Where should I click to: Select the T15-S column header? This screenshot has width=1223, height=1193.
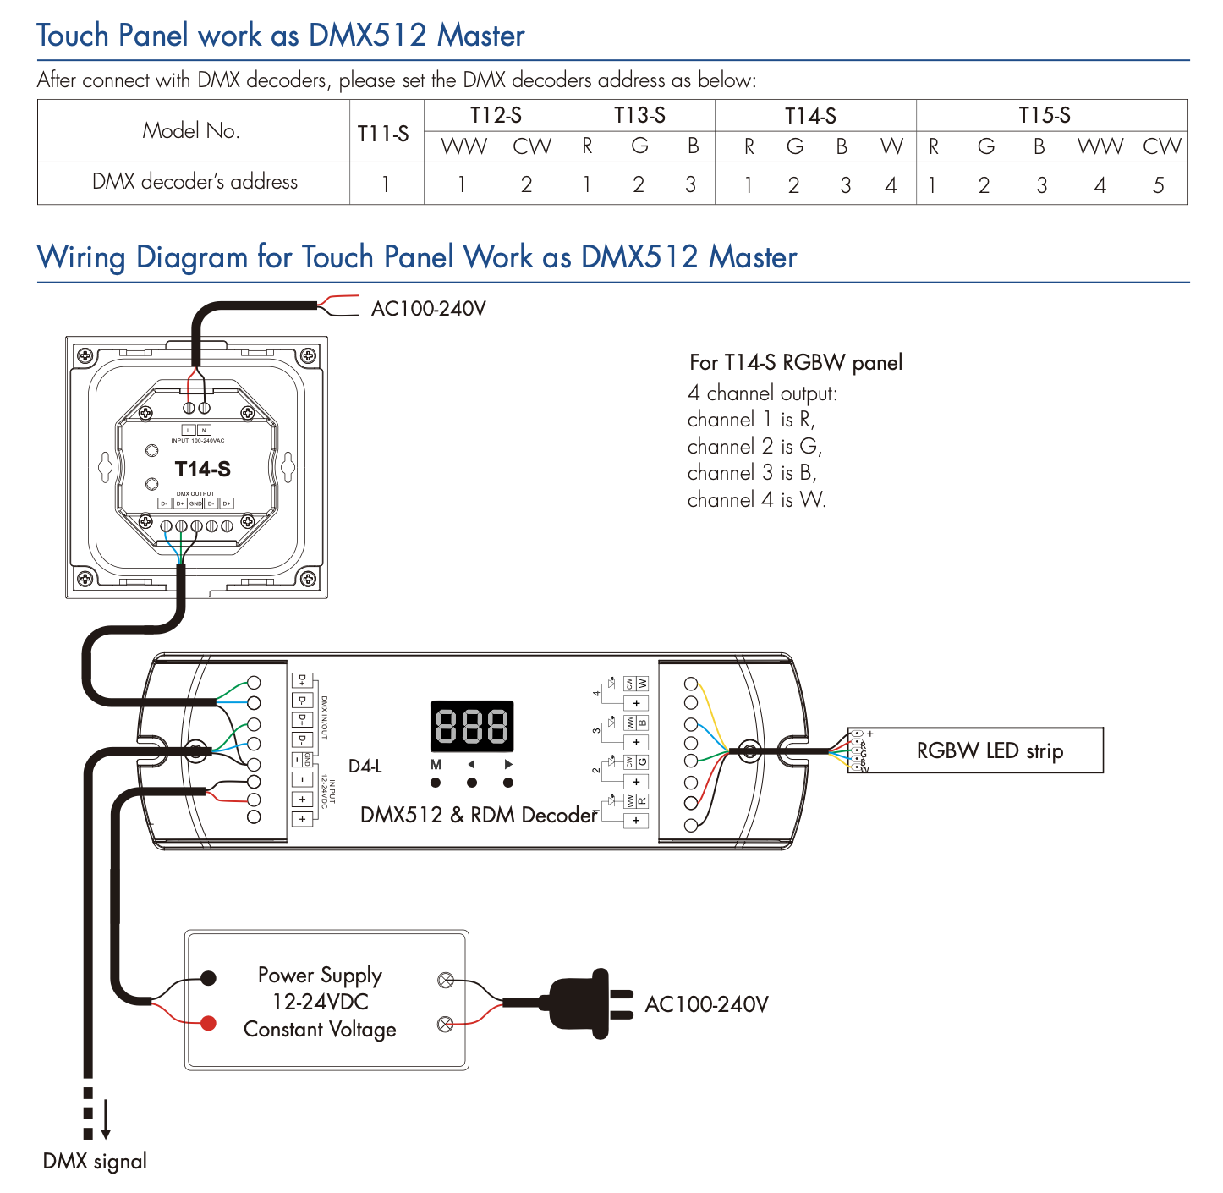coord(1044,115)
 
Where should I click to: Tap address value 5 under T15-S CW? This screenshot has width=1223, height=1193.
coord(1159,184)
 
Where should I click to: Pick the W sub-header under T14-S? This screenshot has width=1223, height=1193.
coord(891,146)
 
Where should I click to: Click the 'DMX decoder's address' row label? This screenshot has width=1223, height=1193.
coord(195,182)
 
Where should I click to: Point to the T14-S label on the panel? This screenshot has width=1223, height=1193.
coord(203,469)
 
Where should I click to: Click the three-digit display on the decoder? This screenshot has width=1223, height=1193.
coord(472,726)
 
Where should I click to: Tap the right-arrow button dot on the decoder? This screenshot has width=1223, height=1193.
coord(508,783)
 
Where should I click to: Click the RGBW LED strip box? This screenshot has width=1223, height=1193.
coord(989,750)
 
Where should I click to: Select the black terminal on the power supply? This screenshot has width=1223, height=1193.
coord(208,978)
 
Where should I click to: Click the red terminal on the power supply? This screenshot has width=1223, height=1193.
coord(208,1023)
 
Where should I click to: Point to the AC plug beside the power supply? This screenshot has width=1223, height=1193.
coord(584,1003)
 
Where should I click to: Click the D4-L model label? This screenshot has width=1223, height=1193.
coord(365,766)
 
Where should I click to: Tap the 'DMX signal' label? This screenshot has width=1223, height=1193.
coord(95,1161)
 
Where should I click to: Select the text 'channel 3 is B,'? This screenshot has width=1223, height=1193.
coord(752,473)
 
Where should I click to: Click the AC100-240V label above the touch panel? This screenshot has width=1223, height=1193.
coord(429,308)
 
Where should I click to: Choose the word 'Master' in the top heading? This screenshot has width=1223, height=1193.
coord(481,36)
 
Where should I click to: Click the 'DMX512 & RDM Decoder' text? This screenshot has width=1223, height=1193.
coord(479,815)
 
